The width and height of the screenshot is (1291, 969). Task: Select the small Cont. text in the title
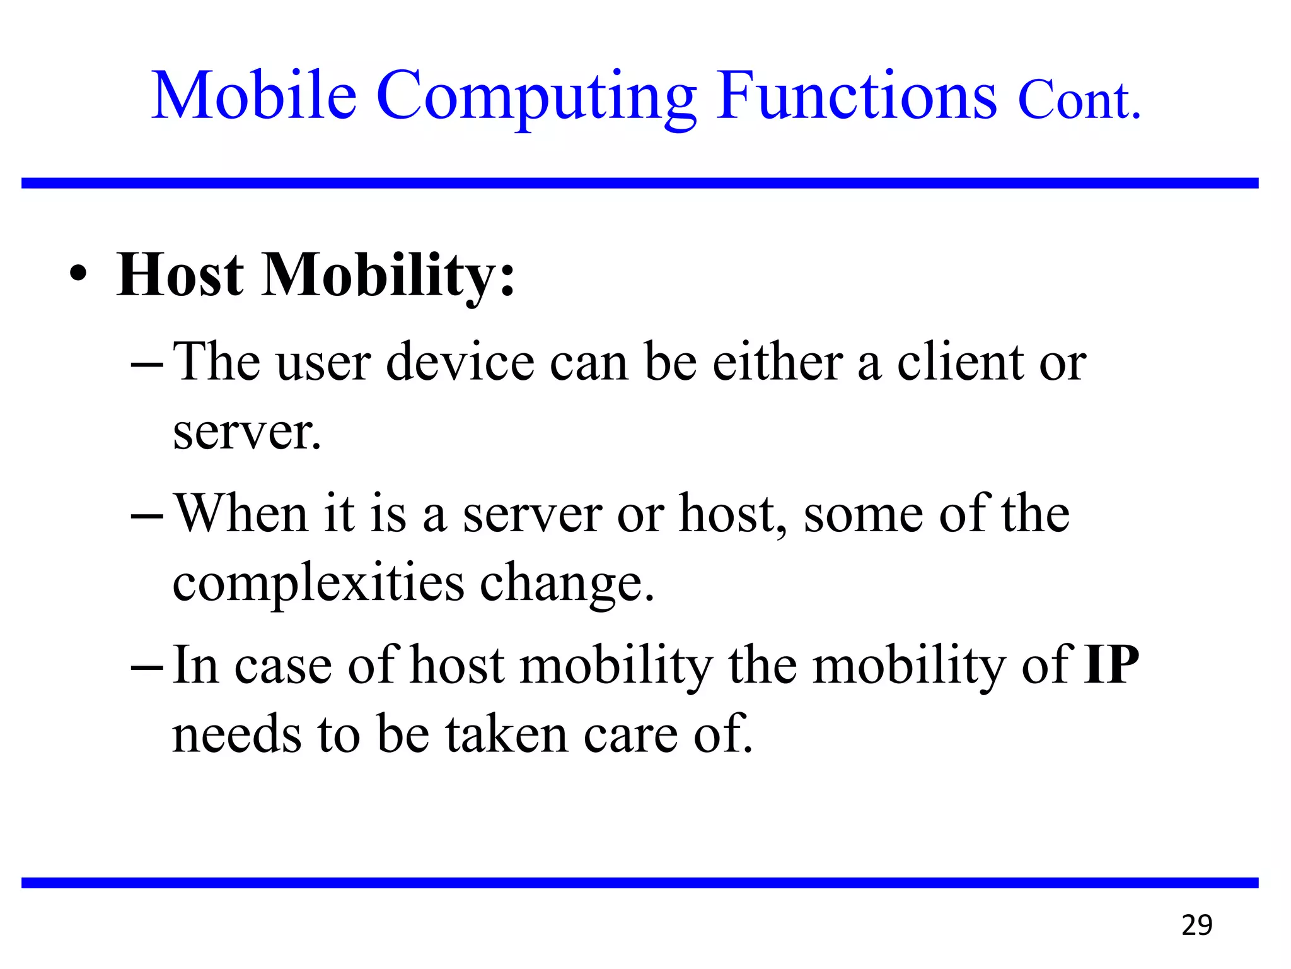(1079, 101)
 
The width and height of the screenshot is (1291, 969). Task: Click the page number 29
(1196, 925)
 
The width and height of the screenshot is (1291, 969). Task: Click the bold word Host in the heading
(180, 275)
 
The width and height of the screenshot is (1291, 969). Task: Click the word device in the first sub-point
(460, 363)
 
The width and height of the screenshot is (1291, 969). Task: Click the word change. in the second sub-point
(567, 584)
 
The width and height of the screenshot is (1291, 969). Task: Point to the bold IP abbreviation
(1111, 665)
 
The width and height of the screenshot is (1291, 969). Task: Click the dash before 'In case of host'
(147, 667)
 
